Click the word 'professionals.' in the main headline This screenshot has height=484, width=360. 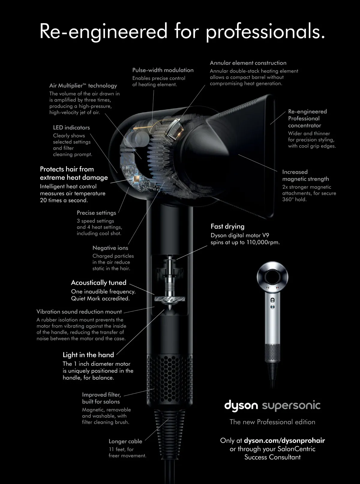click(265, 32)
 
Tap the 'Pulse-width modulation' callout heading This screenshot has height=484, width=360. click(163, 70)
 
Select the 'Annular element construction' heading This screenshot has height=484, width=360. click(248, 63)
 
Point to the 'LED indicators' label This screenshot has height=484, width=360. click(71, 128)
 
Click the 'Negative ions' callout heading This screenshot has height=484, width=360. click(110, 248)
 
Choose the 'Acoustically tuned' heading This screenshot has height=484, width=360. click(99, 283)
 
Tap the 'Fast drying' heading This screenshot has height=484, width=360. click(227, 227)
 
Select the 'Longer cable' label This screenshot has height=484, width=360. click(125, 441)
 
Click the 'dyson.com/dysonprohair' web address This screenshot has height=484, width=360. click(284, 440)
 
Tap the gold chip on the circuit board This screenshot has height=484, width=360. click(136, 179)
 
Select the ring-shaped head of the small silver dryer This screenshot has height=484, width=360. click(272, 277)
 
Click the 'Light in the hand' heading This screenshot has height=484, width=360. click(88, 355)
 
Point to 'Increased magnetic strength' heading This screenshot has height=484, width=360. click(305, 175)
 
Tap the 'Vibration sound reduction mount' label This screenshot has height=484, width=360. click(79, 311)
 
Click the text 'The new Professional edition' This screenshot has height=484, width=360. click(272, 422)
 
